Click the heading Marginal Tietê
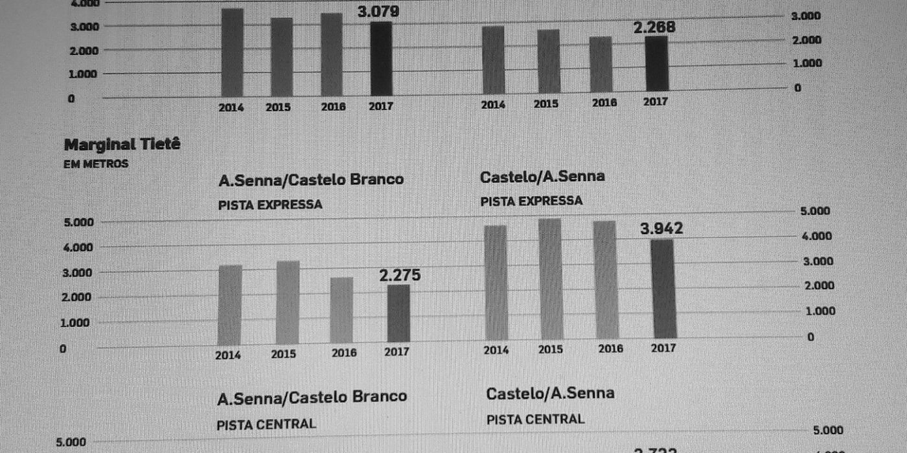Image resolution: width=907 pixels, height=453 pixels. pyautogui.click(x=122, y=144)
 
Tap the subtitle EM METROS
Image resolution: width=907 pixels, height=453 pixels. pyautogui.click(x=96, y=164)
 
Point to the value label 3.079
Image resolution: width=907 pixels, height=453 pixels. pyautogui.click(x=378, y=11)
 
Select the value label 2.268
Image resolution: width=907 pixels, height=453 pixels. pyautogui.click(x=654, y=28)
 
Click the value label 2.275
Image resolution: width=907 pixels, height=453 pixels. pyautogui.click(x=400, y=276)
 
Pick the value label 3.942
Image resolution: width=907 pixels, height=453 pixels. pyautogui.click(x=661, y=229)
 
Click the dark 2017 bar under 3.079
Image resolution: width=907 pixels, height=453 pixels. pyautogui.click(x=381, y=59)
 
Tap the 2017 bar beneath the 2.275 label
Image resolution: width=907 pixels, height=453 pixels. pyautogui.click(x=398, y=313)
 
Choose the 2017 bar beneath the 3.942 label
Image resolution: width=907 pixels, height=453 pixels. pyautogui.click(x=663, y=289)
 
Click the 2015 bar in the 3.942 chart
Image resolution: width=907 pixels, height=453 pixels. pyautogui.click(x=550, y=278)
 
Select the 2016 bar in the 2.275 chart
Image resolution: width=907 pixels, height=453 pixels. pyautogui.click(x=342, y=310)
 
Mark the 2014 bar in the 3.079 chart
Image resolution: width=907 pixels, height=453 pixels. pyautogui.click(x=232, y=52)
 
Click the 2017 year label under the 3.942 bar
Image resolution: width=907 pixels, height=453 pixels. pyautogui.click(x=663, y=348)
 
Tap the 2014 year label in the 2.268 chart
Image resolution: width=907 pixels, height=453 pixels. pyautogui.click(x=493, y=104)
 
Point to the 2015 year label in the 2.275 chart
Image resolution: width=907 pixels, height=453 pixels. pyautogui.click(x=283, y=354)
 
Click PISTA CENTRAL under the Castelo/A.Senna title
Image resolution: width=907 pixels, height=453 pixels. pyautogui.click(x=535, y=419)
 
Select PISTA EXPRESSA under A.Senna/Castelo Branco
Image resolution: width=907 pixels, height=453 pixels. pyautogui.click(x=270, y=204)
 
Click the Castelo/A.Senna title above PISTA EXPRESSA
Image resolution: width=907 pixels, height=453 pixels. pyautogui.click(x=542, y=176)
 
